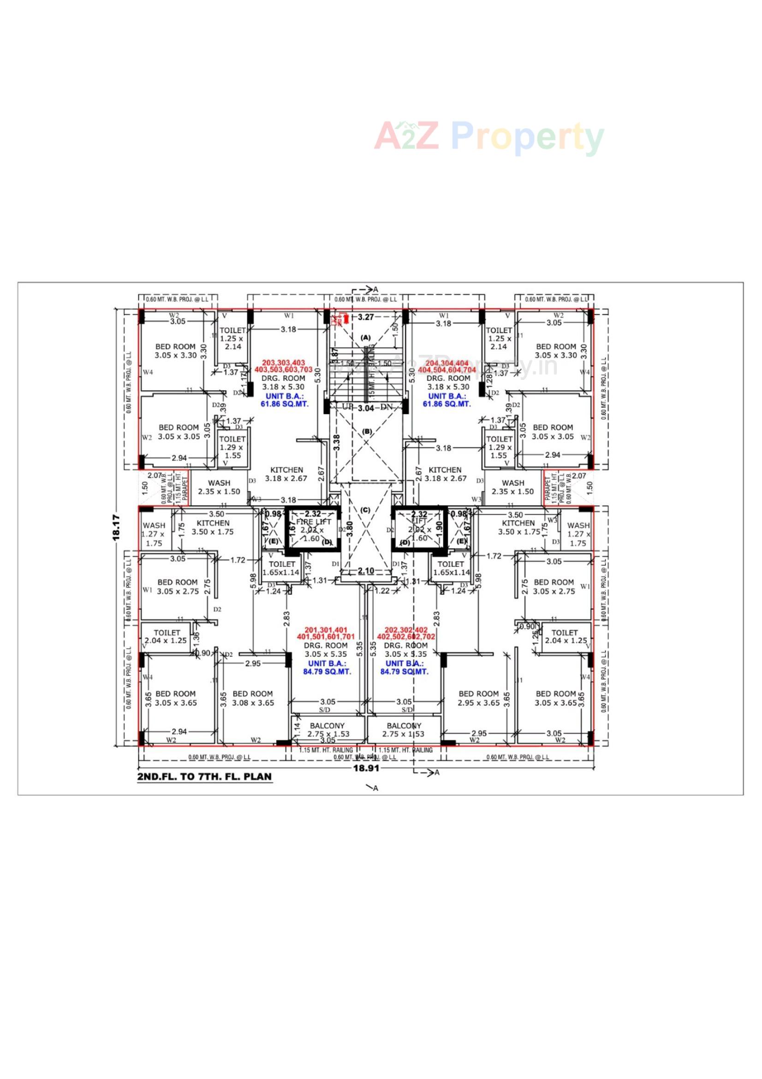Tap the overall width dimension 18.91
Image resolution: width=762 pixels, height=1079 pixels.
(366, 768)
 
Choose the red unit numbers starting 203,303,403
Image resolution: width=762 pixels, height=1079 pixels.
(283, 366)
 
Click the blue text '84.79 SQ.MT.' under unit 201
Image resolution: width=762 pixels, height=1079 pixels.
(327, 671)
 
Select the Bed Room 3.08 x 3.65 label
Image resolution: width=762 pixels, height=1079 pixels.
(253, 698)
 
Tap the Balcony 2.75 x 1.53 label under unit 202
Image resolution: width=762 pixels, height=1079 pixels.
(404, 730)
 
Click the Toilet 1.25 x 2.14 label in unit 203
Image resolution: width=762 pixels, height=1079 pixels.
(232, 338)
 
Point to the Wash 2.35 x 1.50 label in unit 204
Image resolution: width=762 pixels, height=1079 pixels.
(512, 487)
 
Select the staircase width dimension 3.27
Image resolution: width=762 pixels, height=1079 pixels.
(365, 317)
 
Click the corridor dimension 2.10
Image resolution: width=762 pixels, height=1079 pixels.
(366, 571)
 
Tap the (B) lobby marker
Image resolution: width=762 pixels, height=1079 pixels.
(367, 431)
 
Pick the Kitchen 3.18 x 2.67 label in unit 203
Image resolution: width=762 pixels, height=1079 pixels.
(286, 474)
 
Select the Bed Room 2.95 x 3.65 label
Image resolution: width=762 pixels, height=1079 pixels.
(478, 698)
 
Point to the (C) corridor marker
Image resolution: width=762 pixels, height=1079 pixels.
(365, 510)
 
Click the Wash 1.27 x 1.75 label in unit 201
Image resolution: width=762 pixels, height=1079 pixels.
(154, 534)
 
